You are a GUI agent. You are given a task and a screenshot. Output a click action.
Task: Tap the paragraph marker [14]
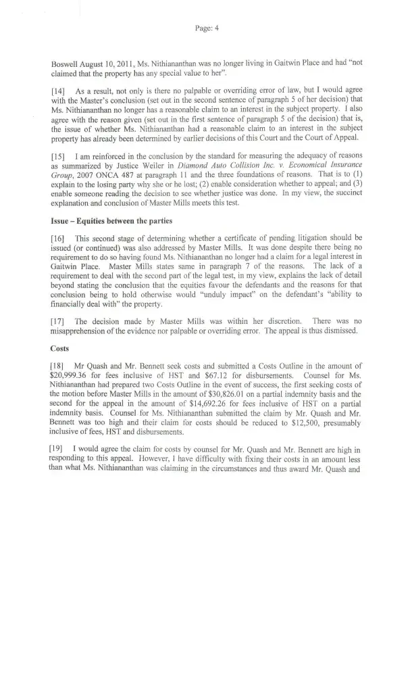58,90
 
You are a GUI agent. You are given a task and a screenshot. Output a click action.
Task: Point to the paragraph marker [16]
58,239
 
